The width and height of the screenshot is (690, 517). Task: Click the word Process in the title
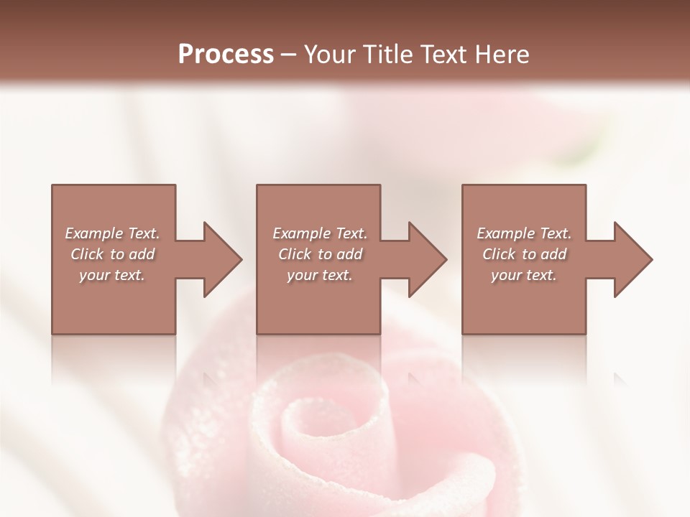tap(226, 55)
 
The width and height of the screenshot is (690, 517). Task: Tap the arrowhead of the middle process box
tap(426, 259)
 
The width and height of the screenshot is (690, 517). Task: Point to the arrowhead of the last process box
tap(632, 259)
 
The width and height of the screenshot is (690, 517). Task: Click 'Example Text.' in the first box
tap(112, 233)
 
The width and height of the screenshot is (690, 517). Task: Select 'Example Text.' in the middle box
tap(319, 233)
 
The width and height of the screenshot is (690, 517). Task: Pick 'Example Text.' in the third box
tap(524, 233)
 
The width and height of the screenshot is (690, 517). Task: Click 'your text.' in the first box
tap(112, 275)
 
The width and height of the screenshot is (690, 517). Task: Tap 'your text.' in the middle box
tap(319, 275)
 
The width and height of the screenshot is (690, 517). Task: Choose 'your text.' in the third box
tap(524, 275)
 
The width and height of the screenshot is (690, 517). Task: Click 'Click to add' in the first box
tap(112, 254)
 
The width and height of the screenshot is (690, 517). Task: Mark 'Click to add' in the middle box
tap(319, 254)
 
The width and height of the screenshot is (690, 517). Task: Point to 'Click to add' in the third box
tap(524, 254)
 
